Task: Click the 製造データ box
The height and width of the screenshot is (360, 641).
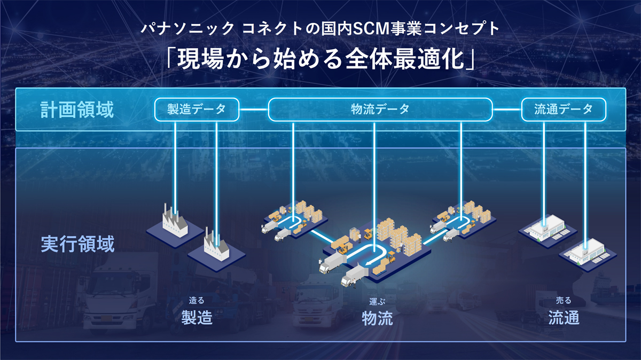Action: tap(197, 109)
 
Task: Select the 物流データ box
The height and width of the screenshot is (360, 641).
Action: tap(379, 109)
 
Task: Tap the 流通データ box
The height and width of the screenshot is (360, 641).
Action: tap(564, 109)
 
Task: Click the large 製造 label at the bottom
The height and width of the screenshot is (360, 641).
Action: tap(197, 318)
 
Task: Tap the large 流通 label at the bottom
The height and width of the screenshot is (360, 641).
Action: tap(564, 318)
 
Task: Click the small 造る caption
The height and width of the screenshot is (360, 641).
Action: tap(197, 301)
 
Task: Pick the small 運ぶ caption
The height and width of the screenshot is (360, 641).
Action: tap(377, 301)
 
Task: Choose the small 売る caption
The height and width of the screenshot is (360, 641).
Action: tap(564, 301)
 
